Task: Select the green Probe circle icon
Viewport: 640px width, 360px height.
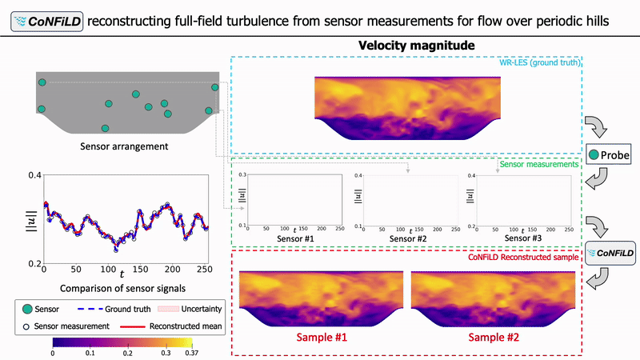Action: (x=594, y=154)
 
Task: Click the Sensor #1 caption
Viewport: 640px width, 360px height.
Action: (x=295, y=238)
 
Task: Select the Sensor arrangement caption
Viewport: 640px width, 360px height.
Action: (x=124, y=146)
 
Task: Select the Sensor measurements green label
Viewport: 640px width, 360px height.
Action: (x=538, y=164)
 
